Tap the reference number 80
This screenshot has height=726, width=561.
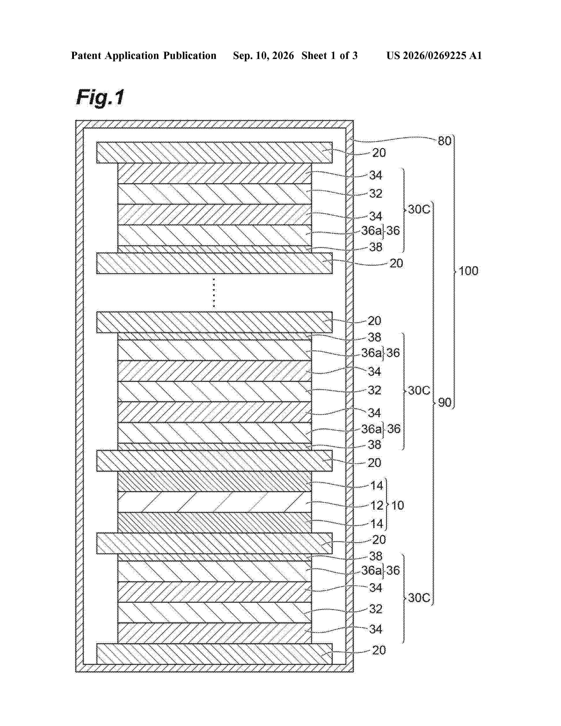444,141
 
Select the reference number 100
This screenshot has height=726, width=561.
469,271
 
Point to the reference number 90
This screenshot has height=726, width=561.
445,403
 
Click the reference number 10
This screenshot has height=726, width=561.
398,505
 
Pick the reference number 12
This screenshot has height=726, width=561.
377,505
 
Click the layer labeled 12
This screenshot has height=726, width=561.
215,502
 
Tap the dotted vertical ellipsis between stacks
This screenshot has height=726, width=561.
214,293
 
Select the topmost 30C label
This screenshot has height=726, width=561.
419,209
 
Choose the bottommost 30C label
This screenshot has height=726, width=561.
419,598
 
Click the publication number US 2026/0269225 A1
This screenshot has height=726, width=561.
434,55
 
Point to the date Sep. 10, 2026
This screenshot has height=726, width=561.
264,55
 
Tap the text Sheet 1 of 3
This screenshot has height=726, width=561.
330,55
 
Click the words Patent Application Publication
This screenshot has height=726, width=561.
144,55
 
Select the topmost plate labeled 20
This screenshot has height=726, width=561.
214,153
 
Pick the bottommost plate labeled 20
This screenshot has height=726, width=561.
214,654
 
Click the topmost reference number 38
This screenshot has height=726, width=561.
376,247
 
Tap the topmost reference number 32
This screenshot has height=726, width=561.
376,193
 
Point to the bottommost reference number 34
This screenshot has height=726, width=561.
376,629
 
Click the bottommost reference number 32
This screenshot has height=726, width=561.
376,609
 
